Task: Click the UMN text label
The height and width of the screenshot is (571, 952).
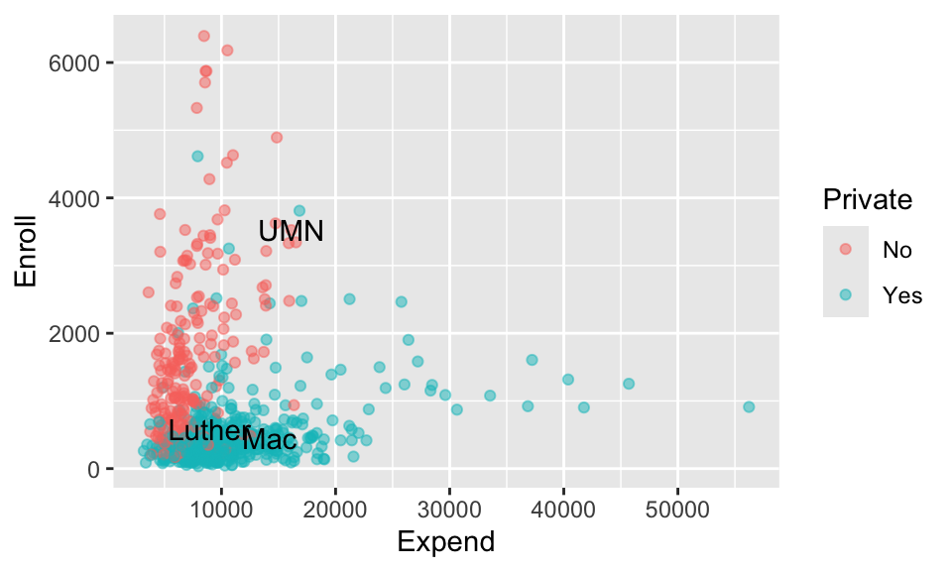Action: point(291,231)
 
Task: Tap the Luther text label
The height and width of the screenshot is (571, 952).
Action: point(205,431)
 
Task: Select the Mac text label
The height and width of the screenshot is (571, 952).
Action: point(270,440)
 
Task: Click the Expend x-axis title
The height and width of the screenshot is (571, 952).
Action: point(446,541)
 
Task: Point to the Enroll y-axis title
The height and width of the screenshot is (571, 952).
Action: point(26,251)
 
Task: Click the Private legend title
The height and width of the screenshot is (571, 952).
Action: point(867,199)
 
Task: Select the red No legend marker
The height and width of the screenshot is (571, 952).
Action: point(845,249)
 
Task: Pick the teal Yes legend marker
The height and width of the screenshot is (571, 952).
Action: point(845,294)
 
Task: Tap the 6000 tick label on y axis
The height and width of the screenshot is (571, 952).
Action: point(73,63)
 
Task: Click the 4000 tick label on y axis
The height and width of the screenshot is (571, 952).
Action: point(73,198)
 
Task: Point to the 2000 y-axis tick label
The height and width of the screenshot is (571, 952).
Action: point(73,334)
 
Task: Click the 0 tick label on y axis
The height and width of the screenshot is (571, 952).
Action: point(93,469)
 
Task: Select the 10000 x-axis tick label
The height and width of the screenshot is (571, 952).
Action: point(221,510)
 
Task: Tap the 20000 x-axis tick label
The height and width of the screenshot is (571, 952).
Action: point(335,510)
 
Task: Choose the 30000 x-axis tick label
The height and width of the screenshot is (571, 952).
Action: point(449,510)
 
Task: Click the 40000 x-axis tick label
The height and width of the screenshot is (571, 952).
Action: point(563,510)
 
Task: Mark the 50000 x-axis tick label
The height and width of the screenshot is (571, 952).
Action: point(677,510)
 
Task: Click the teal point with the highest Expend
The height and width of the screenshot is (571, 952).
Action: point(749,406)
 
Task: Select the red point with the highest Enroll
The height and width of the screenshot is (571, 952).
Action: point(204,36)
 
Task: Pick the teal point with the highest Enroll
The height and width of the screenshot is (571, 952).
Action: point(197,156)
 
